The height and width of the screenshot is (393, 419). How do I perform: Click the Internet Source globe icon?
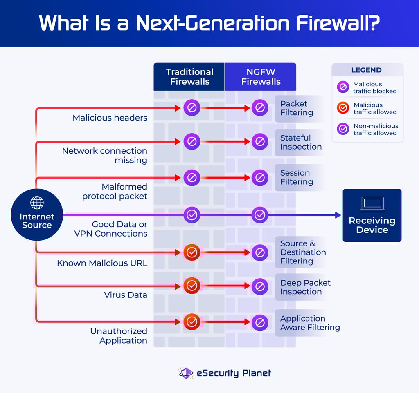tap(37, 203)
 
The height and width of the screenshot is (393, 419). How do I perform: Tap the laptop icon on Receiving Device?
tap(372, 204)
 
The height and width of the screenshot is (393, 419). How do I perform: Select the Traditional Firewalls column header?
tap(189, 77)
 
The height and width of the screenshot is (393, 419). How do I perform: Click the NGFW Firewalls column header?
tap(261, 77)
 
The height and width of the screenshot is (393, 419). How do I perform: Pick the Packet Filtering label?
tap(297, 108)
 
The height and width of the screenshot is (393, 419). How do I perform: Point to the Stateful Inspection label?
tap(301, 143)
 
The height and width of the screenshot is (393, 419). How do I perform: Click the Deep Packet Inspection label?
tap(305, 287)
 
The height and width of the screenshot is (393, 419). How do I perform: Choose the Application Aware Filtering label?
tap(310, 323)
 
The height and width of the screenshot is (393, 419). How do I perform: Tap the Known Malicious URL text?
tap(102, 263)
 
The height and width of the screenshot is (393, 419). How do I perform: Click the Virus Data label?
tap(126, 295)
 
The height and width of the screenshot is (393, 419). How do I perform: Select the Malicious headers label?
tap(110, 118)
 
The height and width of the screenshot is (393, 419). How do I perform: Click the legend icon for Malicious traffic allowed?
tap(343, 108)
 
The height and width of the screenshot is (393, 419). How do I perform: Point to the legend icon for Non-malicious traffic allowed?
tap(343, 129)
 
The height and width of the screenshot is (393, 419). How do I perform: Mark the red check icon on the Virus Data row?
tap(191, 286)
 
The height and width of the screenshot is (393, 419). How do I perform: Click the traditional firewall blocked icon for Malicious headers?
tap(191, 108)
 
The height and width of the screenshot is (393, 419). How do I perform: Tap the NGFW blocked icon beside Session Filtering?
tap(259, 178)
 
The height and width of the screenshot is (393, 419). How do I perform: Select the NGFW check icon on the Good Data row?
tap(259, 214)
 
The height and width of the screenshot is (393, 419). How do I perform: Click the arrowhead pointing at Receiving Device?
tap(338, 215)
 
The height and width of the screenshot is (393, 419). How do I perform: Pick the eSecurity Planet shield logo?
tap(186, 373)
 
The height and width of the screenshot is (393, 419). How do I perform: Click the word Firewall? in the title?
tap(335, 23)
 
